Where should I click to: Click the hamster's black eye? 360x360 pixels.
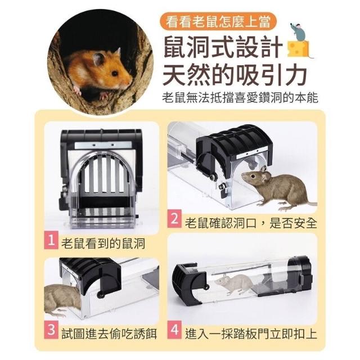click(x=115, y=73)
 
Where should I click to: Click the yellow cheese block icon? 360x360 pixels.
click(x=298, y=49)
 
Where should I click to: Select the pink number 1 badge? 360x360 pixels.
click(x=51, y=240)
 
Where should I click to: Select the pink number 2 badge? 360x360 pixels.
click(x=174, y=219)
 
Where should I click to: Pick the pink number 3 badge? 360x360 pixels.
click(x=51, y=330)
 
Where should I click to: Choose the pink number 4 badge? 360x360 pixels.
click(x=174, y=330)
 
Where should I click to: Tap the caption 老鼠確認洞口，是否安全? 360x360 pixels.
click(x=251, y=223)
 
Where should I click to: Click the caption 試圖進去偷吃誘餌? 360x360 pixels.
click(x=109, y=334)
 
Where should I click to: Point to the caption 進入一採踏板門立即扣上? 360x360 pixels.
click(x=251, y=334)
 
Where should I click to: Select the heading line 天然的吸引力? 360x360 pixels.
click(x=235, y=75)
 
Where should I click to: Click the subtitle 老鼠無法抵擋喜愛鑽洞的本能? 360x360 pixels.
click(x=240, y=98)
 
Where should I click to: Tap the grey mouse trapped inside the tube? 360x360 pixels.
click(x=234, y=283)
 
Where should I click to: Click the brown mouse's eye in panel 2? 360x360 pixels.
click(x=253, y=176)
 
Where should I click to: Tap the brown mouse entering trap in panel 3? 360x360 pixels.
click(x=61, y=300)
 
